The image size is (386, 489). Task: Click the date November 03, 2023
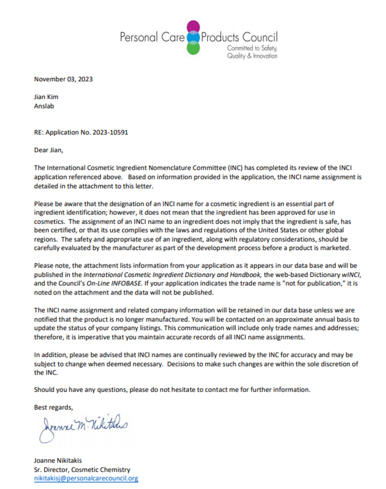click(63, 80)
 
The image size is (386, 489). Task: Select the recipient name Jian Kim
click(47, 98)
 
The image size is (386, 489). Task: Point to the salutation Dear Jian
click(48, 150)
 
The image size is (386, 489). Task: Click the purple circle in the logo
click(194, 27)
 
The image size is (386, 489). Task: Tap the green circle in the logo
click(194, 48)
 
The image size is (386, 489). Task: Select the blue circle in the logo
click(194, 37)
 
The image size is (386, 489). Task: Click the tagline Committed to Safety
click(252, 48)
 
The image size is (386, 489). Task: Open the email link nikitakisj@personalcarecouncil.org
click(86, 479)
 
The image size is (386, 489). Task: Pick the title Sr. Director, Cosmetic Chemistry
click(82, 470)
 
